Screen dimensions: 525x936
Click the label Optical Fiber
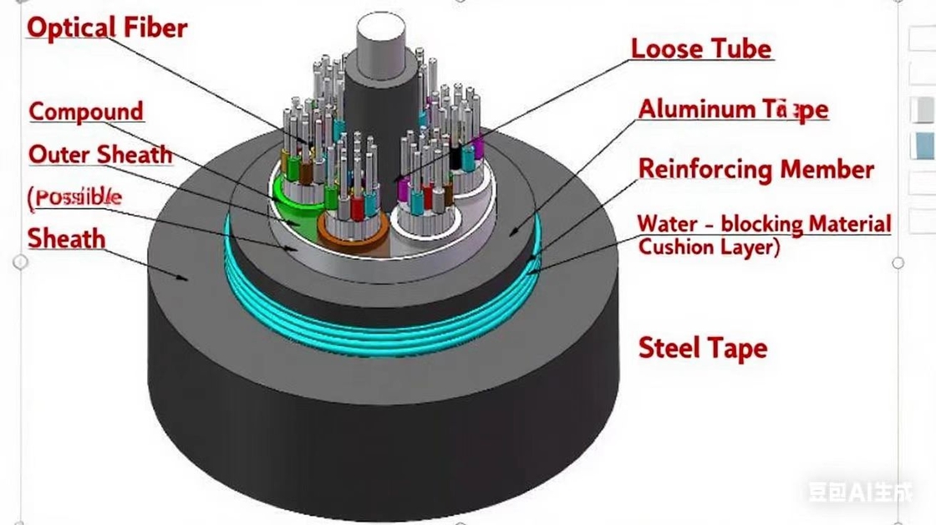[x=107, y=27]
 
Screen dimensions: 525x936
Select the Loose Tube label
[x=700, y=48]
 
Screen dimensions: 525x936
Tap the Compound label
[x=87, y=111]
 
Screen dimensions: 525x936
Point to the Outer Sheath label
[x=100, y=155]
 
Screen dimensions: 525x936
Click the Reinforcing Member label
[x=755, y=169]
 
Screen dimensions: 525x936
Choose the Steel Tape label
[x=702, y=348]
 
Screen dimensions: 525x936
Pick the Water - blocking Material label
[x=764, y=224]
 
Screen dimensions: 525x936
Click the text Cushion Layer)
[x=709, y=247]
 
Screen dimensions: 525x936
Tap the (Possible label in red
[x=75, y=197]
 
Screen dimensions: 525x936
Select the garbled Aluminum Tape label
[x=733, y=110]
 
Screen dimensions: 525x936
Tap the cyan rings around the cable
[x=376, y=322]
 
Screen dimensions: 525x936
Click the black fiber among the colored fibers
[x=455, y=156]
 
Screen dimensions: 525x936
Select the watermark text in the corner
[x=860, y=491]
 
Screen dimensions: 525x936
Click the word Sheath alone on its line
[x=67, y=239]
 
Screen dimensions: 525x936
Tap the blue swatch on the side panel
[x=923, y=145]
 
